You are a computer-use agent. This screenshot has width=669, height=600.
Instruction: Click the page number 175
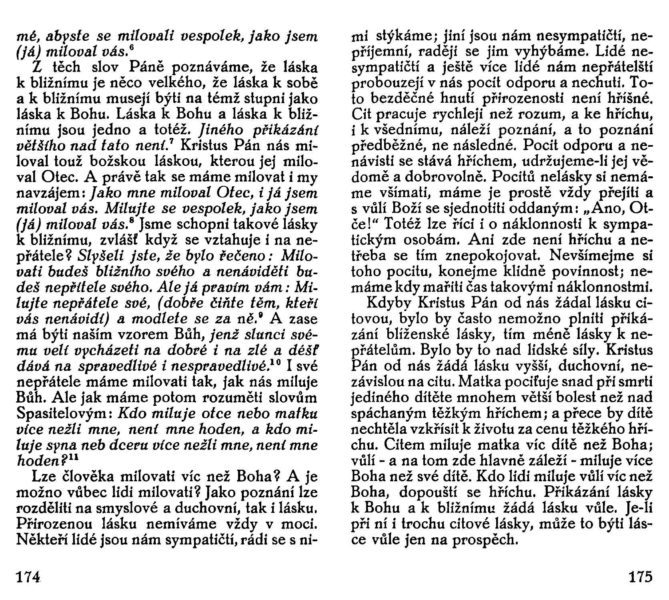pos(640,578)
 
